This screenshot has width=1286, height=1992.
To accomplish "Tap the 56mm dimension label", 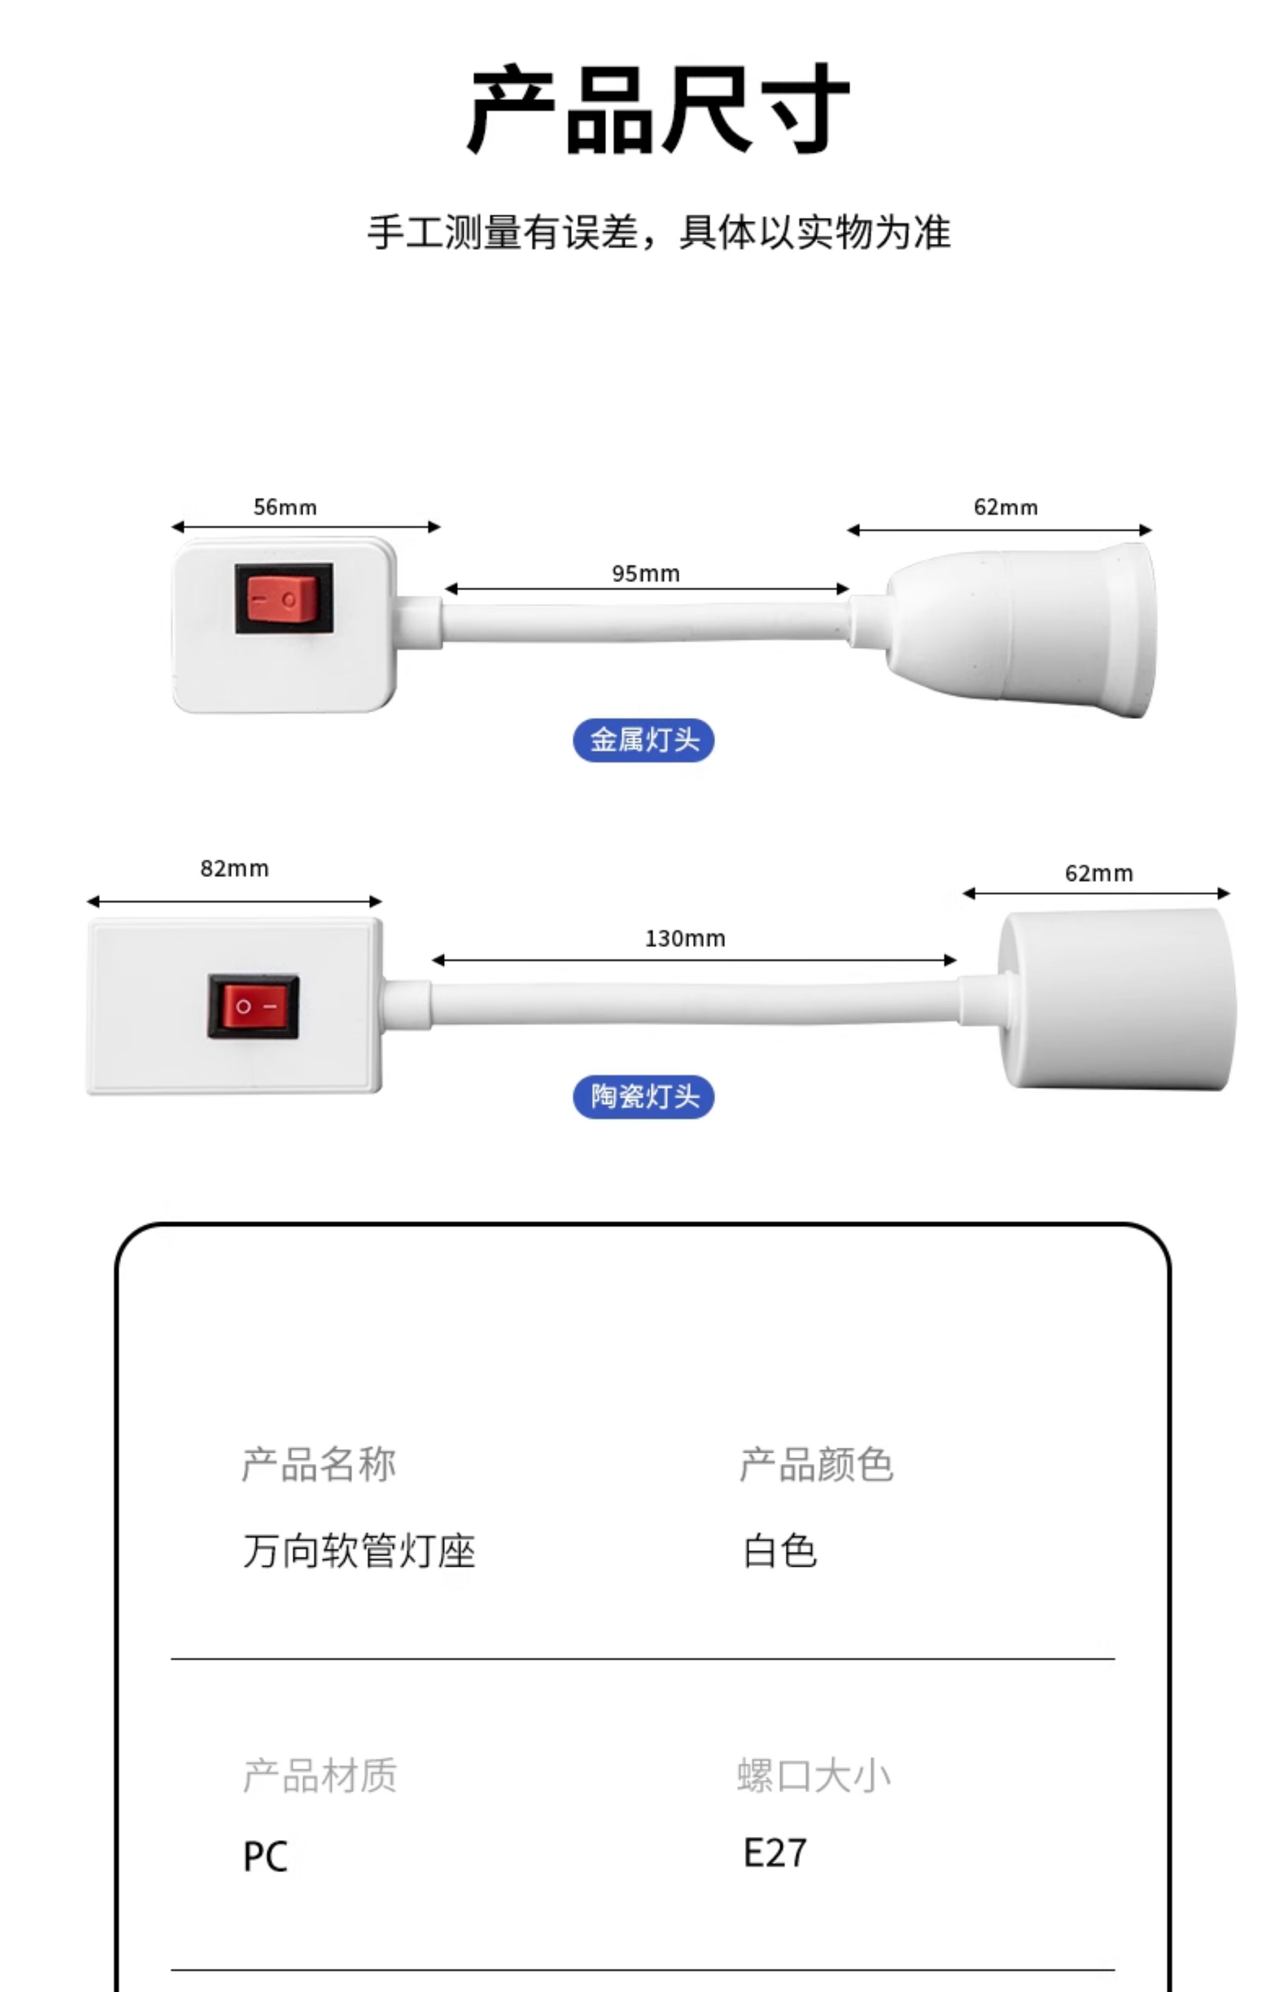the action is tap(285, 507).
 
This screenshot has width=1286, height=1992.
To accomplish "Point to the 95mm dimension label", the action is tap(646, 574).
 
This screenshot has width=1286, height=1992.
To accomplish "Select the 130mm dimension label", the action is tap(685, 939).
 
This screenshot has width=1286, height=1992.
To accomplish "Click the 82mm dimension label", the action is tap(235, 868).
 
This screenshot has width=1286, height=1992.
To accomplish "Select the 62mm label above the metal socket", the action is tap(1005, 507).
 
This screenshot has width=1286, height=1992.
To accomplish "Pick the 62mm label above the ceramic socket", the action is tap(1099, 874).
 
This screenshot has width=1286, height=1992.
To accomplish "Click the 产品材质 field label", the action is tap(320, 1776).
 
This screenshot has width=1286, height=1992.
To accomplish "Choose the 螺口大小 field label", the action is tap(814, 1776).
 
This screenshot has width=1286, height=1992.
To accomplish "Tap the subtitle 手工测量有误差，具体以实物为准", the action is tap(658, 232).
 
